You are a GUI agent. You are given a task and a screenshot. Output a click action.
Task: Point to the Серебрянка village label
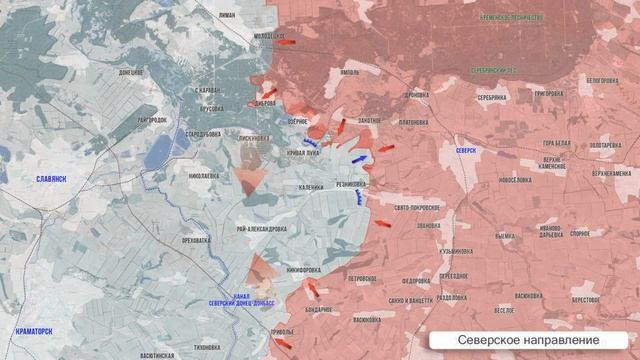[x=490, y=97]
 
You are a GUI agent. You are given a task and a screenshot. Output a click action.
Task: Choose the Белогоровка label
[x=603, y=80]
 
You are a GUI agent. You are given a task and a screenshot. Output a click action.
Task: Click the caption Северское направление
[x=529, y=341]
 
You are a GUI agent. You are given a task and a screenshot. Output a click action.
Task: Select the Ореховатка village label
[x=195, y=240]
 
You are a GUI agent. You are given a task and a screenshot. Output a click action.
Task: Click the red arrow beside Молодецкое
[x=287, y=42]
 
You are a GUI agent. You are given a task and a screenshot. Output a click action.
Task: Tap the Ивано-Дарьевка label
[x=550, y=232]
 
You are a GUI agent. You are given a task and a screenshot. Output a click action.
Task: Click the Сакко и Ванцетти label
[x=411, y=300]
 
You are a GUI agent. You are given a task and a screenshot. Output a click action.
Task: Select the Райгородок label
[x=151, y=120]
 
